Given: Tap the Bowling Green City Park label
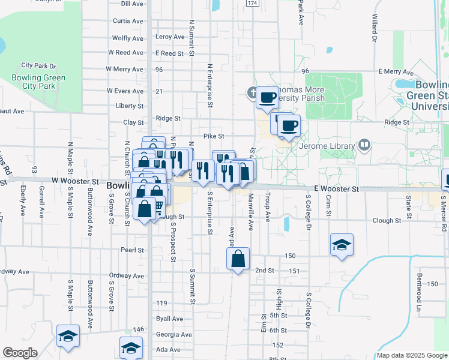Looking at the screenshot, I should pyautogui.click(x=38, y=82).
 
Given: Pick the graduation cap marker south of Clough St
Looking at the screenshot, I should pyautogui.click(x=342, y=245).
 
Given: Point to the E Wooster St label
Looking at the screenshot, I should pyautogui.click(x=335, y=188).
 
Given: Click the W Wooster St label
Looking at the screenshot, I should pyautogui.click(x=75, y=181).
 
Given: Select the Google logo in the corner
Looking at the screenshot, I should pyautogui.click(x=20, y=353).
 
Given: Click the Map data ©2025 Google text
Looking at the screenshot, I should pyautogui.click(x=412, y=355).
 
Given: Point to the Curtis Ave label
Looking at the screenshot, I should pyautogui.click(x=128, y=21).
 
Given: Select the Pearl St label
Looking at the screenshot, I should pyautogui.click(x=132, y=250).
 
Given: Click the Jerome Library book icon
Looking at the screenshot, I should pyautogui.click(x=364, y=145).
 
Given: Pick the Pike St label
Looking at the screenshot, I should pyautogui.click(x=214, y=136).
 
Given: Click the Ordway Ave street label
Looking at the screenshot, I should pyautogui.click(x=127, y=276).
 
